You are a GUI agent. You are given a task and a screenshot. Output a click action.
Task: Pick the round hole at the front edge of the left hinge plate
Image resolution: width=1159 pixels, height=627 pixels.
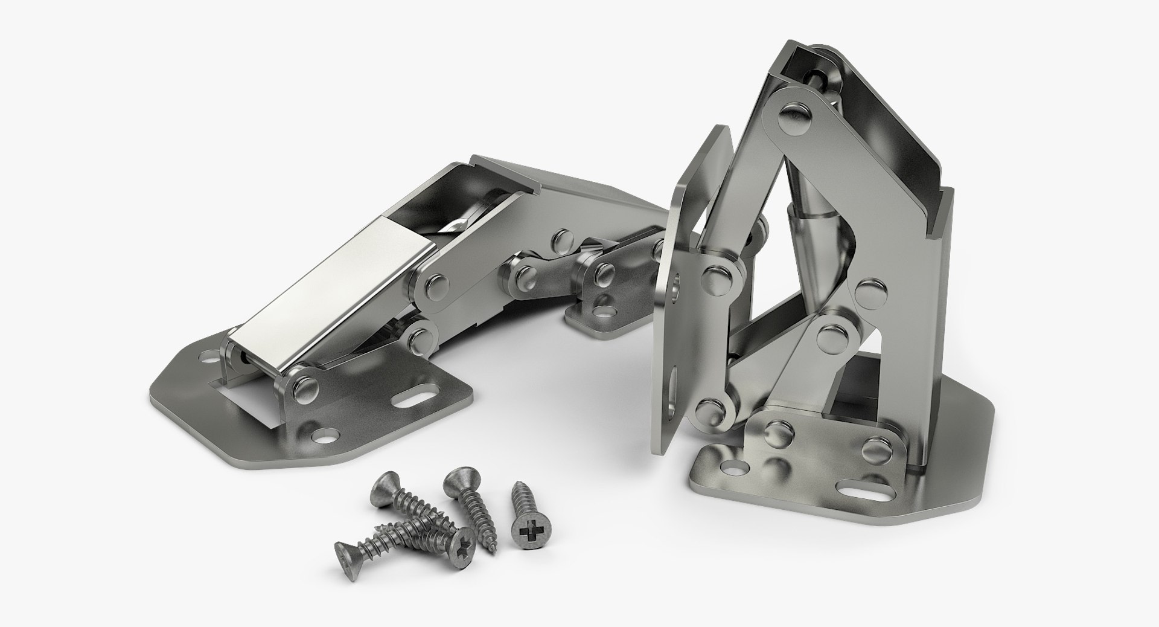(x=328, y=434)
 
